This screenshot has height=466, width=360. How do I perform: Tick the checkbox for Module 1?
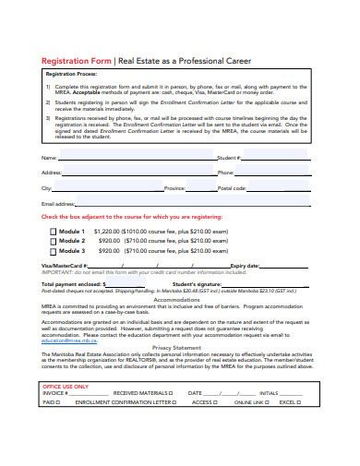52,232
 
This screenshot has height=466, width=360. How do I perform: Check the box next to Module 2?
52,241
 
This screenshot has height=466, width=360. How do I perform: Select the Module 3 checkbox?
52,250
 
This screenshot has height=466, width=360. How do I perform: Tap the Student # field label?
227,158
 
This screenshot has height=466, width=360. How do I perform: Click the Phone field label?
225,173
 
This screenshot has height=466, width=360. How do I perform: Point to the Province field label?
175,187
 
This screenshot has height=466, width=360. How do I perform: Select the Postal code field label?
232,187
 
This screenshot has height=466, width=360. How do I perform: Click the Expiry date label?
246,266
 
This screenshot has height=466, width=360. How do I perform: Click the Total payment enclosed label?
71,284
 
